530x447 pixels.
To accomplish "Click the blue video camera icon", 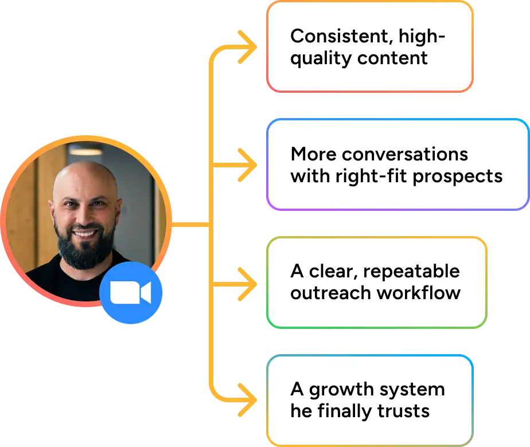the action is [131, 293].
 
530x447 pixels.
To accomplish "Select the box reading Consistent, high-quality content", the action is [369, 47].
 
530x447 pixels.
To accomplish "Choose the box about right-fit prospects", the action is [397, 164].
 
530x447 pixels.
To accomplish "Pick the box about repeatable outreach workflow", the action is [376, 283].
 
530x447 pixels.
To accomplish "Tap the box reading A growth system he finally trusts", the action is [369, 400].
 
